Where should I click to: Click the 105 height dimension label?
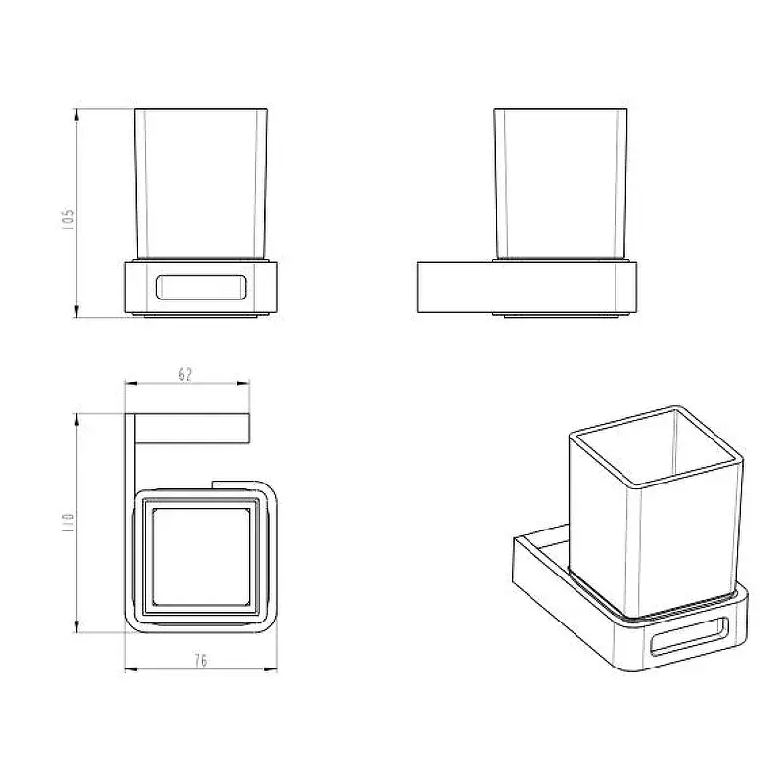tap(68, 219)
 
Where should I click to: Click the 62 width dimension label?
tap(185, 374)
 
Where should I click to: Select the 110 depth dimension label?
tap(68, 522)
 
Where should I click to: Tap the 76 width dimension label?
tap(201, 660)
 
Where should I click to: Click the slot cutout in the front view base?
tap(201, 287)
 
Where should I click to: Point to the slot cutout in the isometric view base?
tap(690, 635)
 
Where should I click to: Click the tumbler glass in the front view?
tap(202, 184)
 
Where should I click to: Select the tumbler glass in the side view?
tap(561, 184)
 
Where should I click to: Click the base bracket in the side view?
tap(527, 288)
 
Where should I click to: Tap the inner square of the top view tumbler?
tap(201, 556)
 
